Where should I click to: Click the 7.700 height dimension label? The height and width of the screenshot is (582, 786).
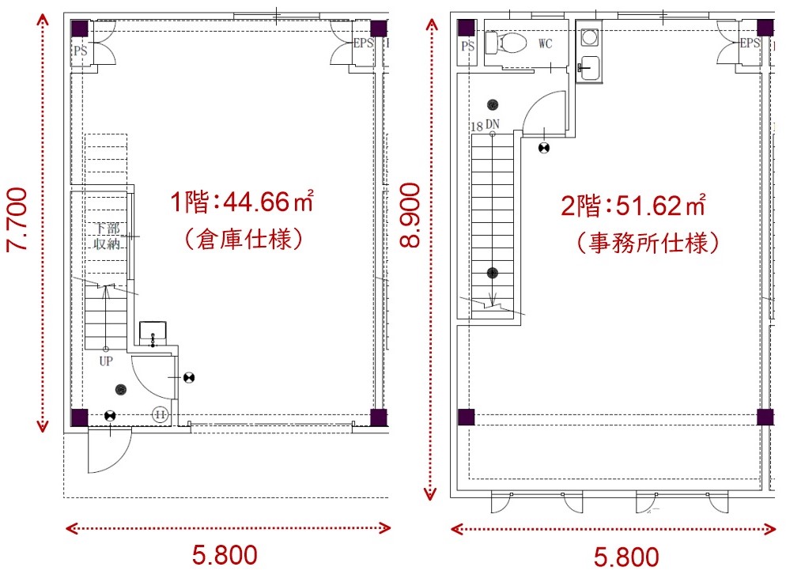(17, 220)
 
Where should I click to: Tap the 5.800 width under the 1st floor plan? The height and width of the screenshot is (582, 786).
(225, 555)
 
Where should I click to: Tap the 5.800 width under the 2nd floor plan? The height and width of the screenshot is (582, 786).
(626, 557)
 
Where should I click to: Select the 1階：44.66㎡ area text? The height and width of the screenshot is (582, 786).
(242, 202)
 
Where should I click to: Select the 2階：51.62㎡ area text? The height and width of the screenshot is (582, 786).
(633, 205)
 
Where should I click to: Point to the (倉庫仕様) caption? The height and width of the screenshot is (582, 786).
(244, 239)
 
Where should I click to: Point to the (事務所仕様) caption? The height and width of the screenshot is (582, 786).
(648, 243)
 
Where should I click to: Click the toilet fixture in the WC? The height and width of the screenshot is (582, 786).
(506, 43)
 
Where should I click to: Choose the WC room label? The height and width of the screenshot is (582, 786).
(546, 43)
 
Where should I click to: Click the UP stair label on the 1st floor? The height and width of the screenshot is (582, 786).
(106, 361)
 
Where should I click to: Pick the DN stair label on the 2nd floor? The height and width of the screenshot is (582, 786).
(493, 124)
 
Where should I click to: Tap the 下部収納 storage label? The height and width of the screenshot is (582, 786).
(107, 236)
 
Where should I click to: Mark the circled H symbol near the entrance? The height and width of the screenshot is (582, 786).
(160, 414)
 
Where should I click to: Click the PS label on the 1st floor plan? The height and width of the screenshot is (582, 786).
(80, 50)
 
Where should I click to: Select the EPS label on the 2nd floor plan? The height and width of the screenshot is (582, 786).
(750, 43)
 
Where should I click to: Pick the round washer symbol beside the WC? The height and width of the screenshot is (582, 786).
(590, 36)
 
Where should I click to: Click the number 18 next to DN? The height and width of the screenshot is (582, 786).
(477, 126)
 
